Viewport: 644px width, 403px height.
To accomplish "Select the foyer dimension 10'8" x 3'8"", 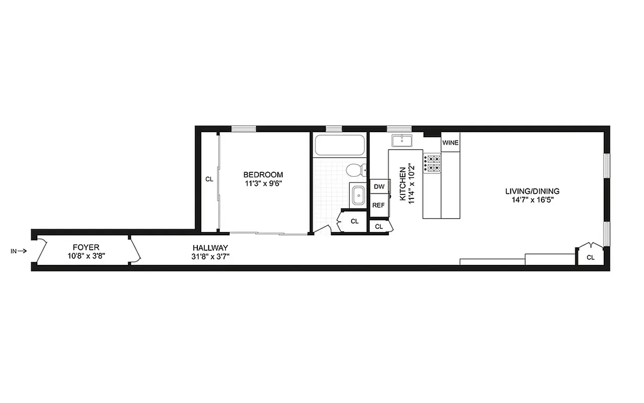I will [x=86, y=255].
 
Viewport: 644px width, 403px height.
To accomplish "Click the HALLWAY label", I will [x=210, y=247].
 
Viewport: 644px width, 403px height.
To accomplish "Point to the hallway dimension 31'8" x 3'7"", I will [x=210, y=256].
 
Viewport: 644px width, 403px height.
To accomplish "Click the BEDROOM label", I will [x=263, y=175].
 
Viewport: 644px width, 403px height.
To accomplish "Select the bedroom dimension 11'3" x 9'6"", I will [x=263, y=183].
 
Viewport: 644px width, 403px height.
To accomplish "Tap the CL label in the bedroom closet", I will [x=209, y=179].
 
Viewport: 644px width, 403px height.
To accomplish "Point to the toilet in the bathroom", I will [x=355, y=170].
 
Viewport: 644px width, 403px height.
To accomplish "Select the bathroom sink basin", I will [x=358, y=195].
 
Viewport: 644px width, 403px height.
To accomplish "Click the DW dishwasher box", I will [x=379, y=187].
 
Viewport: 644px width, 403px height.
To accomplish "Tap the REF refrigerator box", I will [x=379, y=205].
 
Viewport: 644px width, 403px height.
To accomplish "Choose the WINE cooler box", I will [x=450, y=143].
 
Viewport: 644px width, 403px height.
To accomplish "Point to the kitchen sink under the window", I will [x=401, y=140].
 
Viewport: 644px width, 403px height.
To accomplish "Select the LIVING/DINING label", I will [x=532, y=191].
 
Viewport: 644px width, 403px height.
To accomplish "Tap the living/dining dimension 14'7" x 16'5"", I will [x=532, y=200].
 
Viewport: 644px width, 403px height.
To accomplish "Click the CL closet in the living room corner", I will [x=590, y=257].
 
